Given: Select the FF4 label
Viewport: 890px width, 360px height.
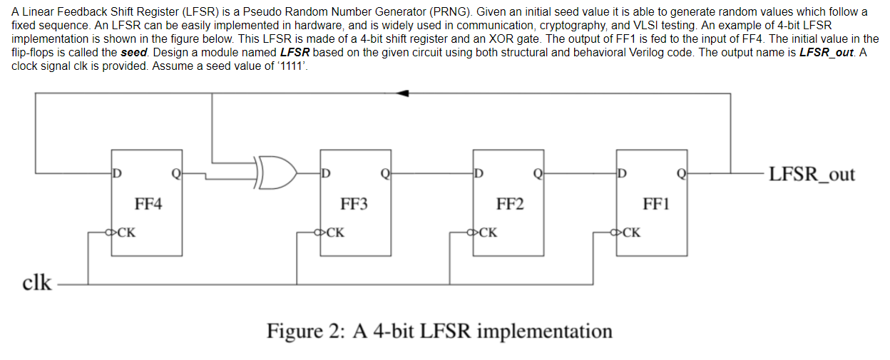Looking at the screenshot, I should (148, 205).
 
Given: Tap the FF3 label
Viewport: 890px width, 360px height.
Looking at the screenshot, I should (354, 205).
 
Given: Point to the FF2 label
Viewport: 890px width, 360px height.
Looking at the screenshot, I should (509, 205).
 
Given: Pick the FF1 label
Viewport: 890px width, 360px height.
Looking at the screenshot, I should (656, 205).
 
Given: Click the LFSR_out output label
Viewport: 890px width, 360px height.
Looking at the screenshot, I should (812, 174).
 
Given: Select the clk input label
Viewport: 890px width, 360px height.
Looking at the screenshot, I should (37, 282).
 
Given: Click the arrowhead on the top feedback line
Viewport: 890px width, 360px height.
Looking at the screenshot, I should (404, 93).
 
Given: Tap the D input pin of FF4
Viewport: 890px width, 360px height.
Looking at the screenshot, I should (117, 172).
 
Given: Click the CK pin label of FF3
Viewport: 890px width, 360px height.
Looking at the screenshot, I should (336, 232).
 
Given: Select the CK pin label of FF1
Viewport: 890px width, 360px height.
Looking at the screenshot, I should (632, 232).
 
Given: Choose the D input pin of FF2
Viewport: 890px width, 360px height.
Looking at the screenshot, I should (479, 172).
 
